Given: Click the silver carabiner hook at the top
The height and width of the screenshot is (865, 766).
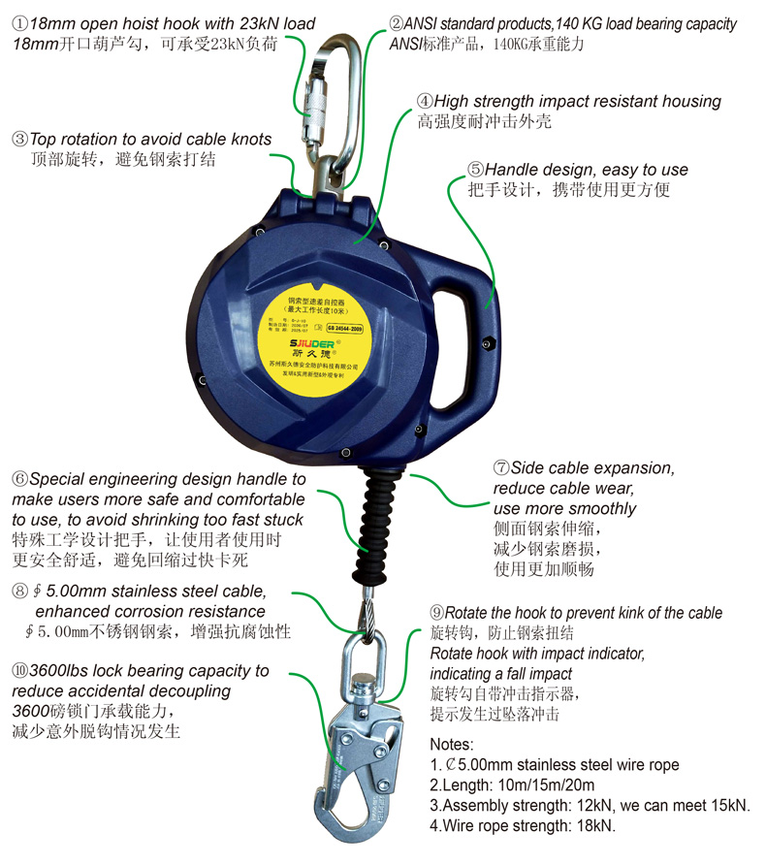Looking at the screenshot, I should click(335, 107).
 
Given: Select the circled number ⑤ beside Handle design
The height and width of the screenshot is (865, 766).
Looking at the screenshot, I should click(475, 170).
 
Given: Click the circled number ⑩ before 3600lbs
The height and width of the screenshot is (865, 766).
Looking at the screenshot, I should click(20, 670).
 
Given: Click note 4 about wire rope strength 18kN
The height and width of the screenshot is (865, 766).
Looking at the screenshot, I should click(523, 825).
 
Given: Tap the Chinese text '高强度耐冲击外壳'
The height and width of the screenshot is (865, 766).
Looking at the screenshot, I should click(485, 121).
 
